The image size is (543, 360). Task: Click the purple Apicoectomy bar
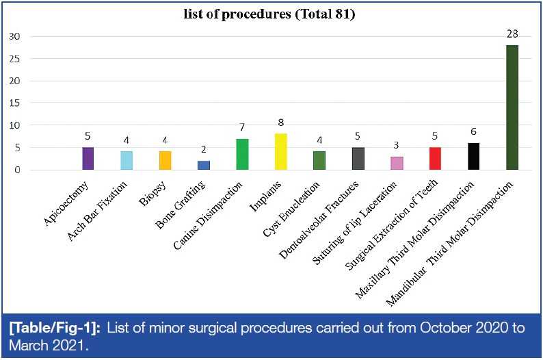[x=88, y=158]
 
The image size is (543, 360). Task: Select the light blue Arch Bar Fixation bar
[x=127, y=160]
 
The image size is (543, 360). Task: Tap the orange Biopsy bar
[x=165, y=160]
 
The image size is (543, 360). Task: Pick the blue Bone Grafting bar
[x=203, y=165]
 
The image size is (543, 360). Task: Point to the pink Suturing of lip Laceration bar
[x=397, y=163]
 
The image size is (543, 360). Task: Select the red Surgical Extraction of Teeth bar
[x=435, y=158]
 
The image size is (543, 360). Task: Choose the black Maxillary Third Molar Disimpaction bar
[x=473, y=156]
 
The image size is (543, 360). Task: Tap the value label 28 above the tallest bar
[x=512, y=33]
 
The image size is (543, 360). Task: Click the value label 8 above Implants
[x=280, y=123]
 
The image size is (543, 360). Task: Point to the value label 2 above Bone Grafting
[x=203, y=149]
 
